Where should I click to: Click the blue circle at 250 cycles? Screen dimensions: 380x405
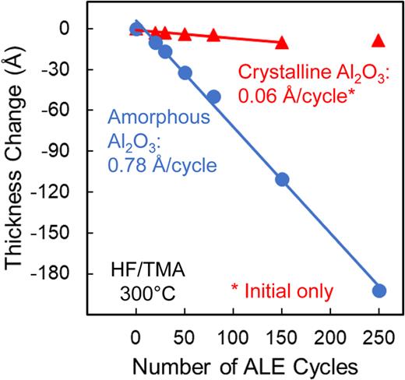point(379,290)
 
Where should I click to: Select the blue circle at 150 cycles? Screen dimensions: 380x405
point(282,179)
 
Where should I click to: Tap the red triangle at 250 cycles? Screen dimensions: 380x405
point(379,40)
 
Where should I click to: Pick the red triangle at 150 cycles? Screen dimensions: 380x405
point(282,43)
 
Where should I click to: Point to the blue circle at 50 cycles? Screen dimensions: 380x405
point(185,72)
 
